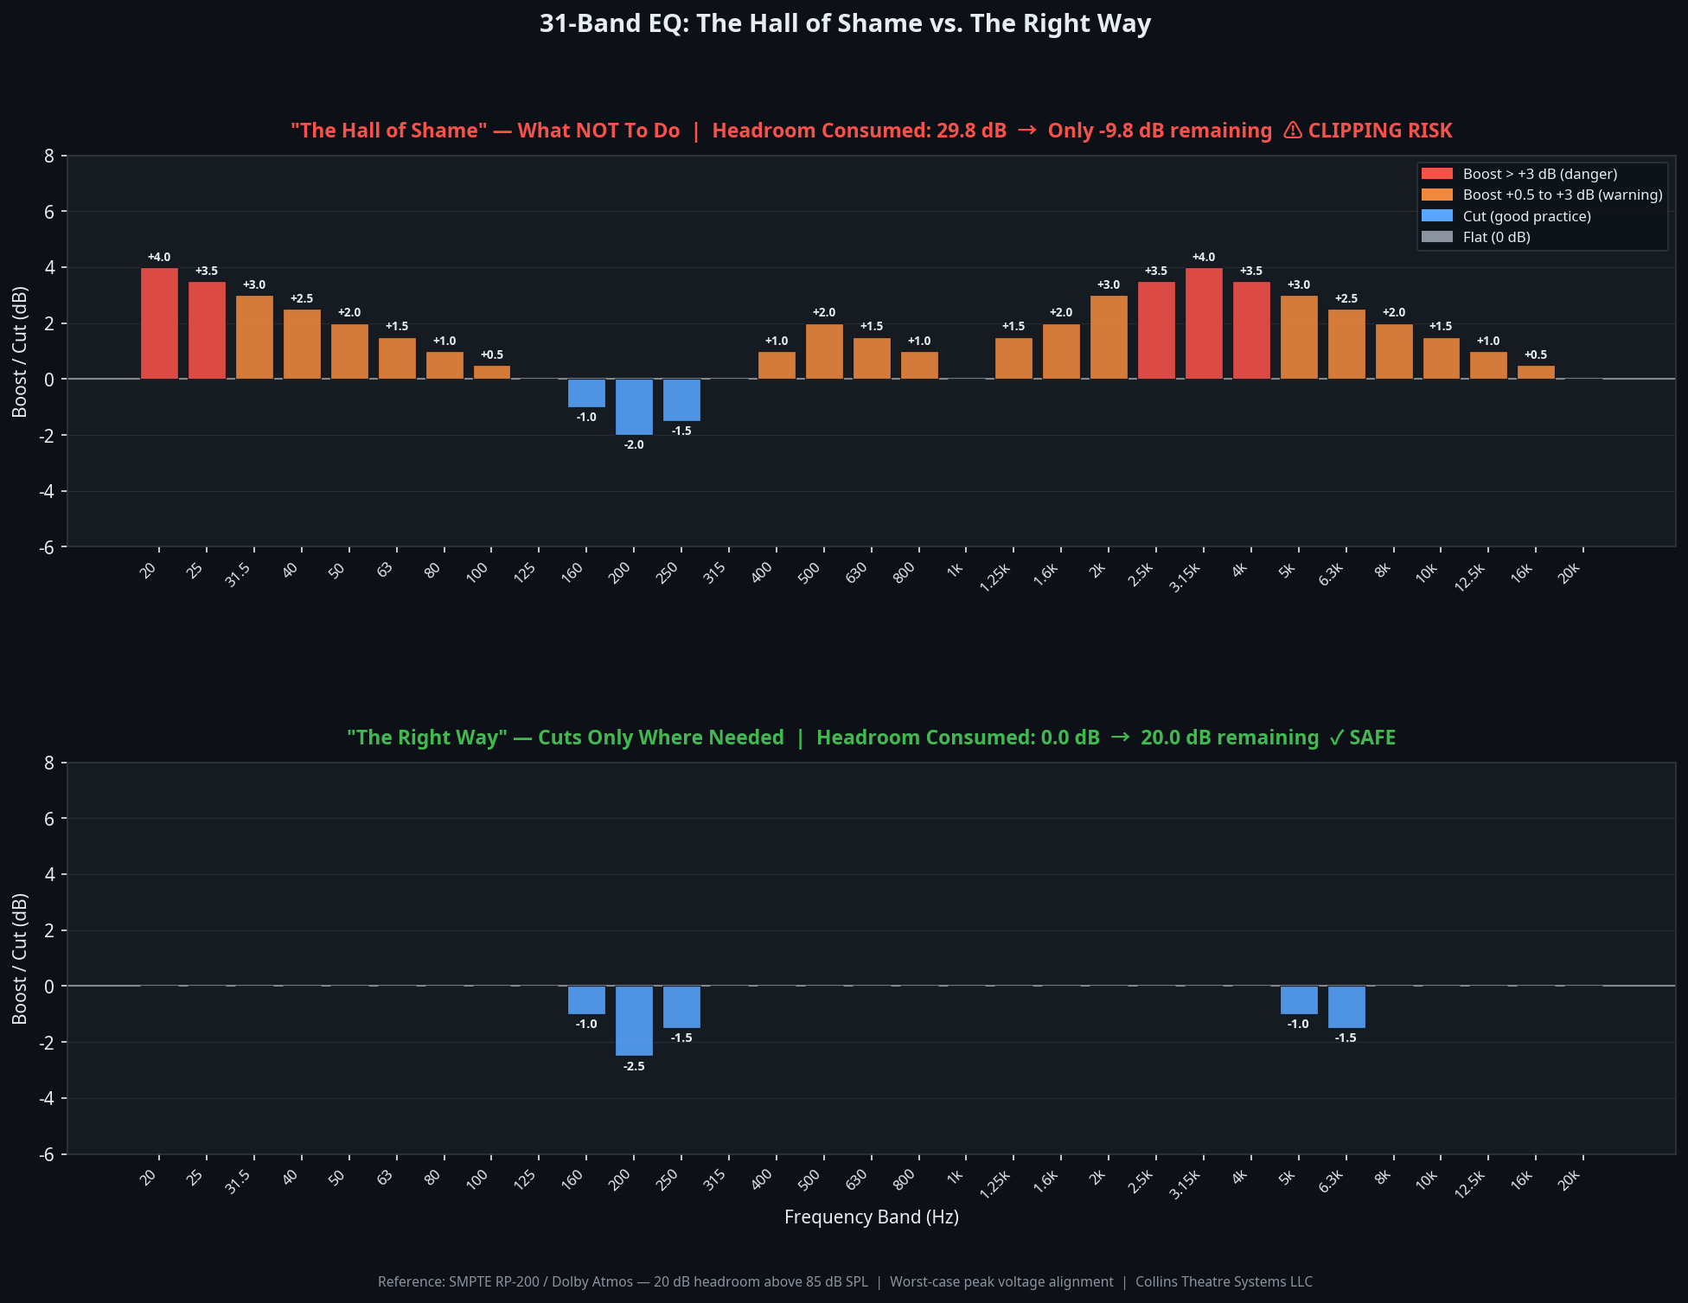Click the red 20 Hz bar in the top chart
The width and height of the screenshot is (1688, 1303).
tap(159, 323)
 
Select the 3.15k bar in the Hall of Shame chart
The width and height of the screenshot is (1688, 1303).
tap(1204, 323)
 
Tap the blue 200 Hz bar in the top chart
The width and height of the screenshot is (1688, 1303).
tap(634, 406)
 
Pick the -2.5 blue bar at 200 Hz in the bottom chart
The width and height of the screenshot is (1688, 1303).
tap(634, 1020)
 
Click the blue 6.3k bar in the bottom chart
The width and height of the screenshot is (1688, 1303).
tap(1346, 1006)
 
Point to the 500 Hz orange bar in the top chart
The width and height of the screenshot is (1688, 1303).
tap(824, 351)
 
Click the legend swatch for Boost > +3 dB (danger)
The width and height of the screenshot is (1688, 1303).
tap(1437, 174)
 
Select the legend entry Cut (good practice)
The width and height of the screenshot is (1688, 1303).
tap(1526, 216)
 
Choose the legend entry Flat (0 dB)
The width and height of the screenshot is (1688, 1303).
tap(1496, 237)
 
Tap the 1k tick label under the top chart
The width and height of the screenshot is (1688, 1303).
tap(955, 571)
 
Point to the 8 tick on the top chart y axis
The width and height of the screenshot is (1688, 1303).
tap(49, 156)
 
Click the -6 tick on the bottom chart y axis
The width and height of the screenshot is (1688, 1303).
tap(47, 1154)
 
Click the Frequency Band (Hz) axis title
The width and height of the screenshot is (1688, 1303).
tap(871, 1217)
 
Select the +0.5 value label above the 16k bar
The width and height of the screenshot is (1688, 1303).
tap(1536, 354)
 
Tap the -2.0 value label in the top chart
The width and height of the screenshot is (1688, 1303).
tap(634, 444)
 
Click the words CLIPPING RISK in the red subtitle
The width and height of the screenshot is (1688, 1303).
tap(1379, 131)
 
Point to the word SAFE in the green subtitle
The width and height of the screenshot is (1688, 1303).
tap(1372, 738)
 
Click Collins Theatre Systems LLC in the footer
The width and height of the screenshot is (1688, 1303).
tap(1224, 1281)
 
